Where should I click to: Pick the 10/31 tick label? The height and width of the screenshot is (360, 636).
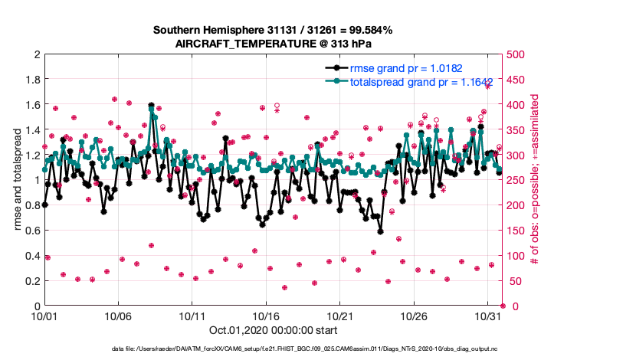(488, 316)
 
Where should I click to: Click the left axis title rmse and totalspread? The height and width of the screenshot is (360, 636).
(17, 180)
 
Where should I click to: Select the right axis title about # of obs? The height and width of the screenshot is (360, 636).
(534, 180)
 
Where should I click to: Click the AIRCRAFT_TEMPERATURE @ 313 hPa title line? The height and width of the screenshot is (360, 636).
(273, 43)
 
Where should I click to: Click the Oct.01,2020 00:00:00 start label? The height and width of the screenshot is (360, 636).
(273, 331)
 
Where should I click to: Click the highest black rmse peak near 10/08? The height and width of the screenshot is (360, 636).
(152, 105)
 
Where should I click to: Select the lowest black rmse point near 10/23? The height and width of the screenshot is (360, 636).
(379, 231)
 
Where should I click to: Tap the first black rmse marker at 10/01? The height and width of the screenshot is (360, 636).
(45, 205)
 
